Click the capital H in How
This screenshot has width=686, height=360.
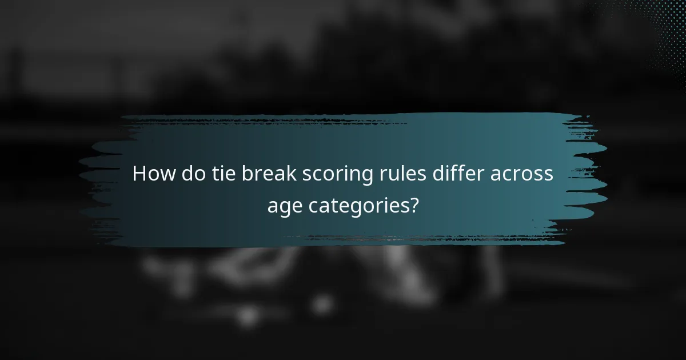click(x=139, y=174)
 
